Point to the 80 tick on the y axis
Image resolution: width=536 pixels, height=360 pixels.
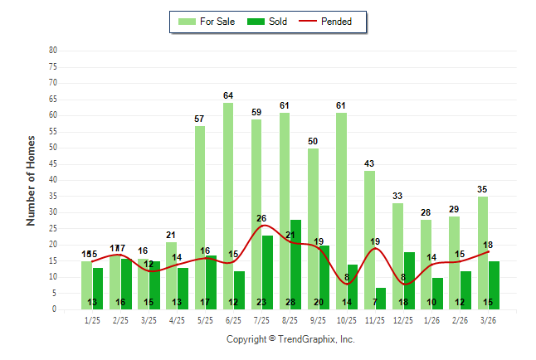[x=52, y=50]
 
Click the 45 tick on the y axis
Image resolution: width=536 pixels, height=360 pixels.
[x=52, y=163]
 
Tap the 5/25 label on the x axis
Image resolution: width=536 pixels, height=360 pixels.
[x=205, y=319]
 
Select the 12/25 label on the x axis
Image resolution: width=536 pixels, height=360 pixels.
[x=402, y=319]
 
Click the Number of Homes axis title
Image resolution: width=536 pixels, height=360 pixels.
[x=32, y=180]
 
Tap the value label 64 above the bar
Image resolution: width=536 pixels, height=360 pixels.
[x=228, y=96]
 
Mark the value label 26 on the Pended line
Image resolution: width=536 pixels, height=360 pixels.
[x=262, y=218]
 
